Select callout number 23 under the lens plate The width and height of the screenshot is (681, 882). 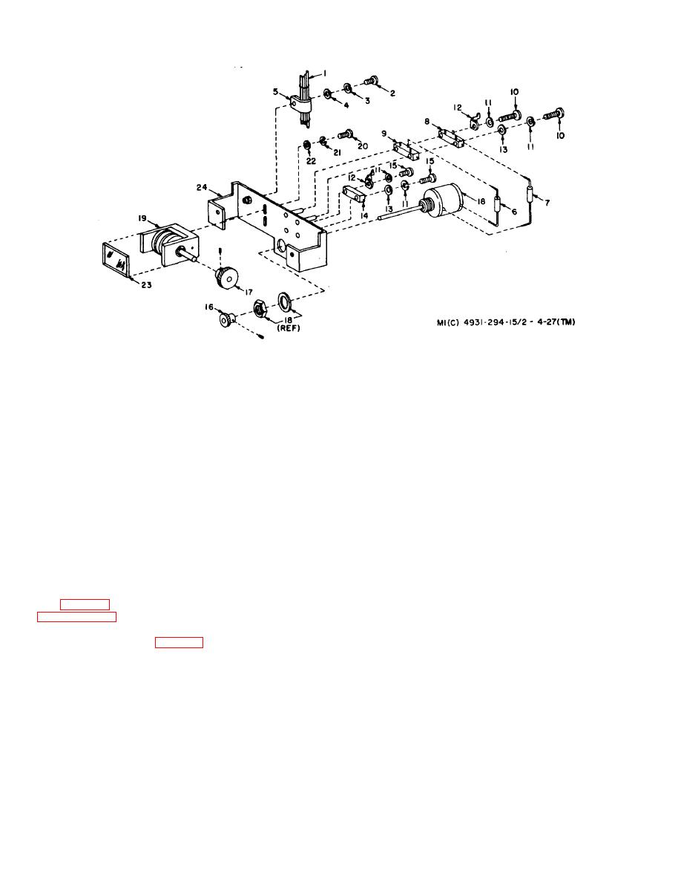147,284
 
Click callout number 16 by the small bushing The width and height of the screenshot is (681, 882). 210,306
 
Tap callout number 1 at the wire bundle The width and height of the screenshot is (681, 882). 323,73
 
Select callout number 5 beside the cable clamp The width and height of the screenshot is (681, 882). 275,93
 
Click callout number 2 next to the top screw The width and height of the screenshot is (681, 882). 392,93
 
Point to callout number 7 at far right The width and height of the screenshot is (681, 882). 547,202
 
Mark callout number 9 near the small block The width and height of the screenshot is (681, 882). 385,134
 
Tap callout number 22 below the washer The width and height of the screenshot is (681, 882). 311,160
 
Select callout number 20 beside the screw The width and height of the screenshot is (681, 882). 363,146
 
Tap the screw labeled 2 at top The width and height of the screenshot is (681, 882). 372,81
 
